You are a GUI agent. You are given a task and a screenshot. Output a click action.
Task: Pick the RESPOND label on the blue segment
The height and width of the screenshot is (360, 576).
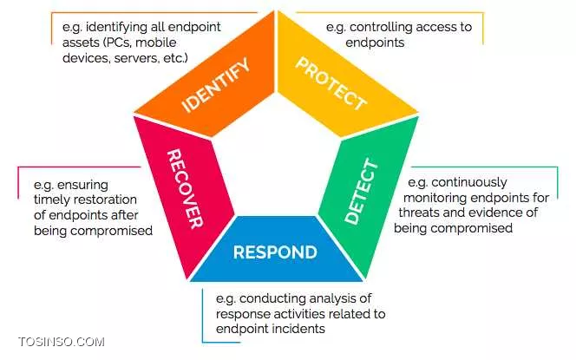click(x=275, y=252)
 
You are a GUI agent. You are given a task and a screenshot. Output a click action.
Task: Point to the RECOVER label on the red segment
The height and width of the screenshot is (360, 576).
click(x=186, y=187)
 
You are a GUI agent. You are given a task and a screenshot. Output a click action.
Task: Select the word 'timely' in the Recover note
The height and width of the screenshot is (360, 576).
click(x=53, y=200)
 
